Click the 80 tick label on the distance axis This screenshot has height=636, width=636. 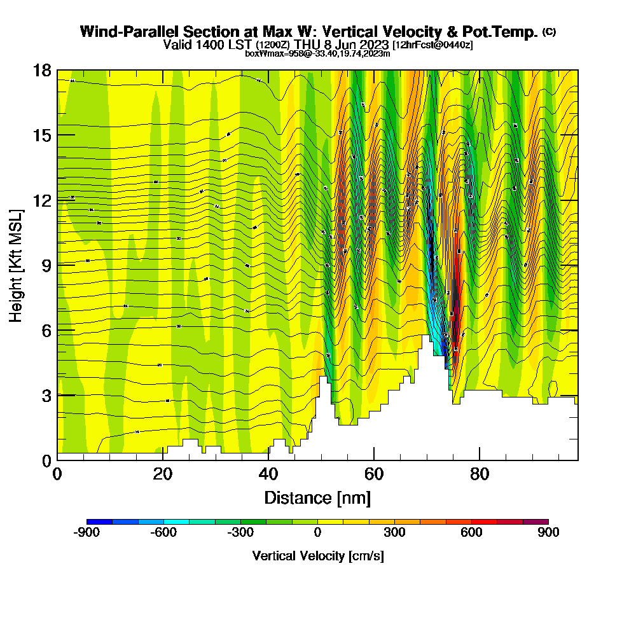tap(480, 474)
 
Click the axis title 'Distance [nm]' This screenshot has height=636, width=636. tap(317, 497)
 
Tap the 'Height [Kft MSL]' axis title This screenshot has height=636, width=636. tap(17, 265)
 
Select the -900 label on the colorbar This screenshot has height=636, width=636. tap(86, 533)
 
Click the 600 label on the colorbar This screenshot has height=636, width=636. tap(471, 533)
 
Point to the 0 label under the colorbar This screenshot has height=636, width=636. tap(317, 533)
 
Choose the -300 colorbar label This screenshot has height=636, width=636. tap(240, 533)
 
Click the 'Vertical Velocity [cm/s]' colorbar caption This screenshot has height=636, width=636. tap(318, 556)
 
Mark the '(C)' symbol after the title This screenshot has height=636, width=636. tap(550, 32)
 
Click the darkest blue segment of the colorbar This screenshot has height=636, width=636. tap(99, 522)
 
